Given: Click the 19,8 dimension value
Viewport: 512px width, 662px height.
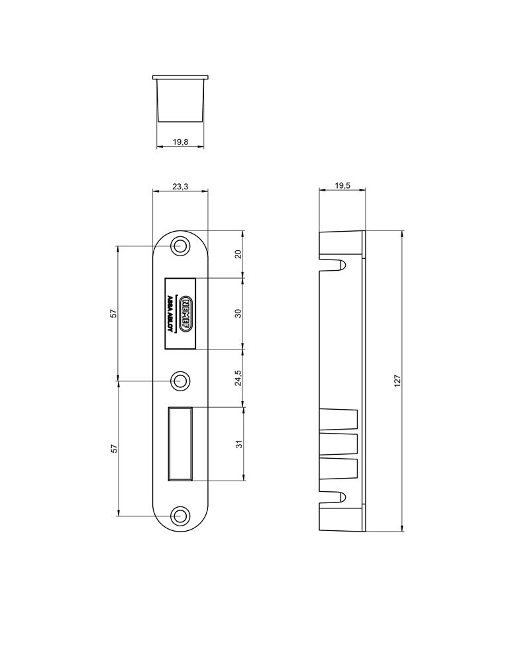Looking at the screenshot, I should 180,142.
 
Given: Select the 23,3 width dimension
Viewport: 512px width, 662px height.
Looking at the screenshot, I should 180,187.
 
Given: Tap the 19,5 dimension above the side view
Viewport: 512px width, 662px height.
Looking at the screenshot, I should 342,187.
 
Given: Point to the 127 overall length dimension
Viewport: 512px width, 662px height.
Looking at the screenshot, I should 397,381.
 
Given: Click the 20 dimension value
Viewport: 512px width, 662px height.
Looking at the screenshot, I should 238,254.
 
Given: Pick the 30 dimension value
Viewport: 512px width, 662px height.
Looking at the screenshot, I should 238,312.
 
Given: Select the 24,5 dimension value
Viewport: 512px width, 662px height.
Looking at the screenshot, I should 238,377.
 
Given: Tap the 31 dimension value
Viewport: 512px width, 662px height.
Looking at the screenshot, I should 238,444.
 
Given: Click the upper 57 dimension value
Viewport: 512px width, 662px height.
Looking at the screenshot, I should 114,313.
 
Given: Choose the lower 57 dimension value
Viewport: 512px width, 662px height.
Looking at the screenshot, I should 114,448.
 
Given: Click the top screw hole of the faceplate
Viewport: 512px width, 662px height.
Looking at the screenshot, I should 179,246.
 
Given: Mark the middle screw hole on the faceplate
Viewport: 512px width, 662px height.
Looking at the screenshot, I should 179,381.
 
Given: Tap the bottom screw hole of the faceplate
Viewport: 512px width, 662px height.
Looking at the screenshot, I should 179,516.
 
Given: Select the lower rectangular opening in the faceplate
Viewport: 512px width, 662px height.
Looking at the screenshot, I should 181,442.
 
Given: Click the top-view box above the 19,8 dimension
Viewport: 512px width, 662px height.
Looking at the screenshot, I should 180,99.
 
